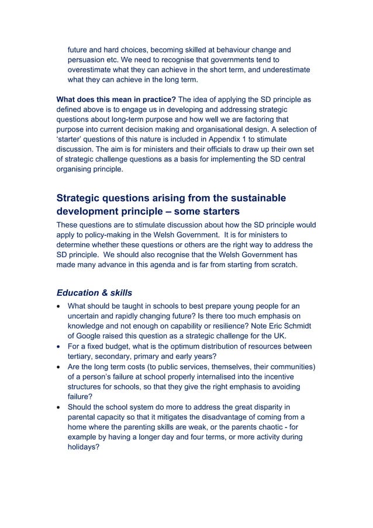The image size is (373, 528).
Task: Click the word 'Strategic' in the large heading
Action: (x=81, y=198)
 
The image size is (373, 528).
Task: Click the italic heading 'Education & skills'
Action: (x=94, y=293)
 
